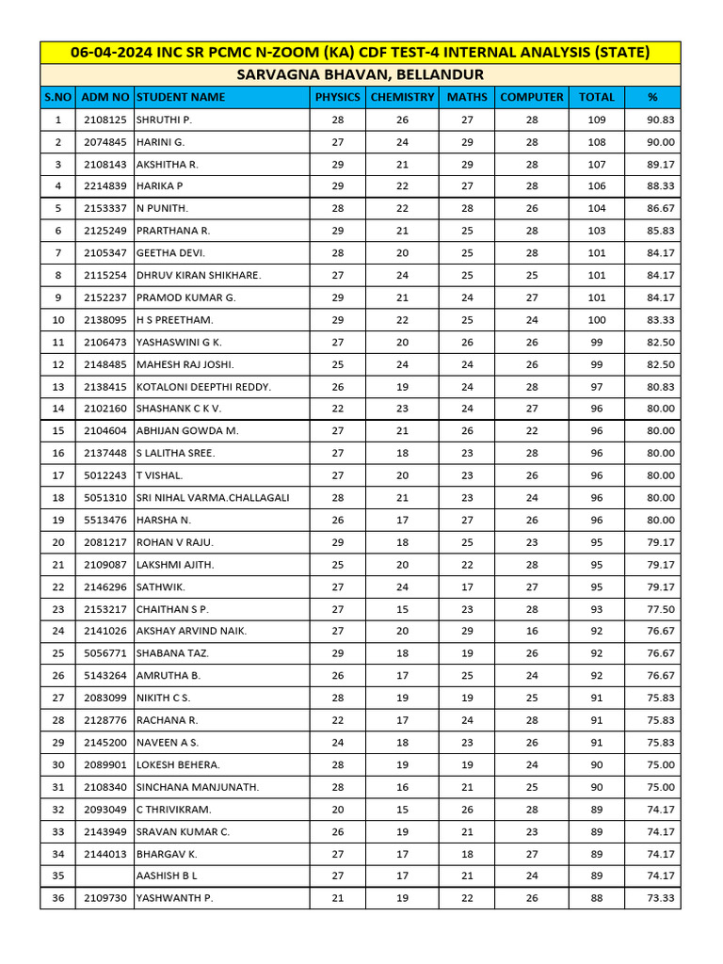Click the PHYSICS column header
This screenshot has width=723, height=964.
pyautogui.click(x=337, y=97)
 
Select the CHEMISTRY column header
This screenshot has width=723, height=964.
pyautogui.click(x=402, y=97)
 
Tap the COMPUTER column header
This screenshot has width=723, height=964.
pyautogui.click(x=532, y=97)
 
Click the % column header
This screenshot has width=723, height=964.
pyautogui.click(x=652, y=97)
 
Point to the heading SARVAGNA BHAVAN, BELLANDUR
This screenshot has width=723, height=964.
pyautogui.click(x=361, y=74)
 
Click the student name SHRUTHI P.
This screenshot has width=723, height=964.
pyautogui.click(x=164, y=120)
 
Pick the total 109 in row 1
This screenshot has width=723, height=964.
pyautogui.click(x=597, y=120)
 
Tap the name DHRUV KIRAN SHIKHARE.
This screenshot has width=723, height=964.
pyautogui.click(x=199, y=275)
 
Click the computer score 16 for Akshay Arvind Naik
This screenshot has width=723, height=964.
pyautogui.click(x=532, y=631)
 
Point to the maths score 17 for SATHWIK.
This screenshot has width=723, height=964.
pyautogui.click(x=468, y=586)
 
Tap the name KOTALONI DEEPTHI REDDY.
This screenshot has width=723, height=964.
pyautogui.click(x=203, y=387)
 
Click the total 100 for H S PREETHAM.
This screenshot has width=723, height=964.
pyautogui.click(x=597, y=320)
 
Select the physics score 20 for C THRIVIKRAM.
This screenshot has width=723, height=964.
pyautogui.click(x=337, y=809)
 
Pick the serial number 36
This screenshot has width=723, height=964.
pyautogui.click(x=58, y=898)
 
